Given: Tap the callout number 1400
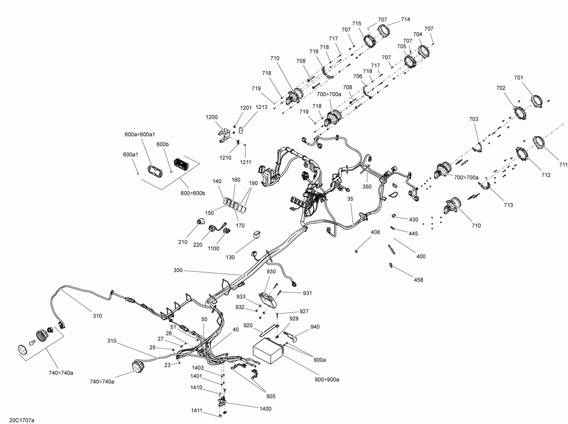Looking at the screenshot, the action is coord(265,409).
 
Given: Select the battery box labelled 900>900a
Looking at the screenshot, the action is coord(269,351).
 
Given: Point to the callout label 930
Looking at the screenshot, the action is coord(271,271).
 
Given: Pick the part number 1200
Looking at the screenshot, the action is coord(212,117).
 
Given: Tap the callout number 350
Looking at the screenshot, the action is coord(367,187).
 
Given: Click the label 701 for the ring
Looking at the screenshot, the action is coord(519,78).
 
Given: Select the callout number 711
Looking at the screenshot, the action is coord(563,165).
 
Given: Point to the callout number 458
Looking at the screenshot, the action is coord(418,279).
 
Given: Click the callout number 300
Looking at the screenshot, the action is coord(178,270).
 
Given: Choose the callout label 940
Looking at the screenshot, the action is coord(315,326).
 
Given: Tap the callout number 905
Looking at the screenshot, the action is coord(270,396).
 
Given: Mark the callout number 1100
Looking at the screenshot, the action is coord(214,249).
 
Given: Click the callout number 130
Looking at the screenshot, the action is coord(230,257).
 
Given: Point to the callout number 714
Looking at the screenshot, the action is coord(406,19).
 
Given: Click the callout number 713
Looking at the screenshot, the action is coord(508,205).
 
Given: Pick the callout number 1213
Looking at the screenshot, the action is coord(261,107).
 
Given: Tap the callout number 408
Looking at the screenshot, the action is coord(375,232).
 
